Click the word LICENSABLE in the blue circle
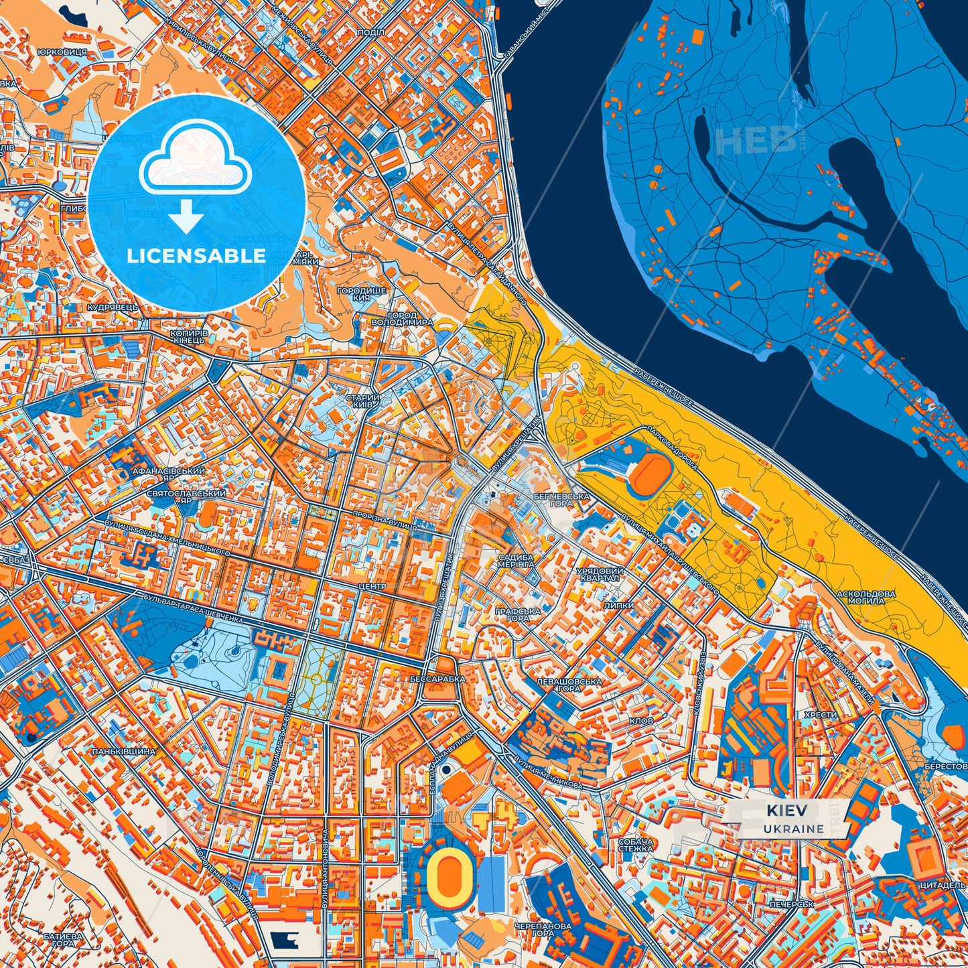pos(196,256)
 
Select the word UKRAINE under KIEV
pos(793,829)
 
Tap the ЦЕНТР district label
pos(372,587)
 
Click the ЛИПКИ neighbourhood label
pos(618,605)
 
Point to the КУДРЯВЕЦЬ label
pos(113,307)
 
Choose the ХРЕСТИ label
pos(820,715)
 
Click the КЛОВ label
pos(641,721)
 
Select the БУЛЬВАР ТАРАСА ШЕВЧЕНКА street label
pos(193,608)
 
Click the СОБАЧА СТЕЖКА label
pos(635,845)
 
